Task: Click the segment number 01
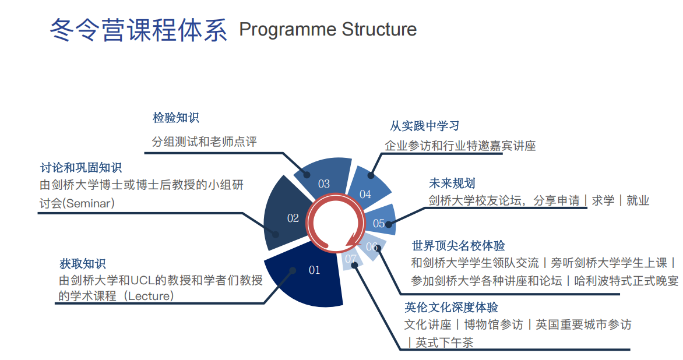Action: (315, 270)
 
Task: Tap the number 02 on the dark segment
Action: (293, 218)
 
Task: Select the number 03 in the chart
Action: (324, 184)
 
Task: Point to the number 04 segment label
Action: (365, 194)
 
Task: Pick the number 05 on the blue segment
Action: (379, 223)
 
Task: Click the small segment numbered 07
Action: (351, 259)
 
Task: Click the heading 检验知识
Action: (175, 118)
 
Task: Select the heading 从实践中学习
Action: (425, 126)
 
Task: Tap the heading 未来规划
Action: (452, 183)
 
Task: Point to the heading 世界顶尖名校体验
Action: (458, 245)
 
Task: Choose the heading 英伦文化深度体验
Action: (451, 307)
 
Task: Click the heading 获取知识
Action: (82, 263)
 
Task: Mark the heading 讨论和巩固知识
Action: (81, 168)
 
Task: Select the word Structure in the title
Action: (379, 29)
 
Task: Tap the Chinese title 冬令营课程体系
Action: (139, 30)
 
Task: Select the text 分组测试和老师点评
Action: (204, 142)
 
